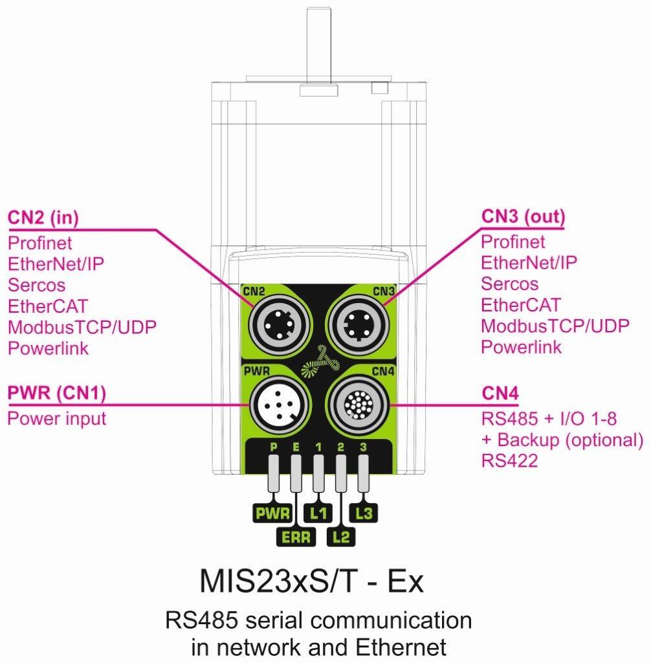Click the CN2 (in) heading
coord(43,218)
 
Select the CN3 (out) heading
coord(523,217)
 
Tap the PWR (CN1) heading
coord(56,393)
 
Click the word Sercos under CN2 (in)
coord(36,284)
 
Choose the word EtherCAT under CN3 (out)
coord(520,304)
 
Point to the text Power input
coord(56,418)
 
